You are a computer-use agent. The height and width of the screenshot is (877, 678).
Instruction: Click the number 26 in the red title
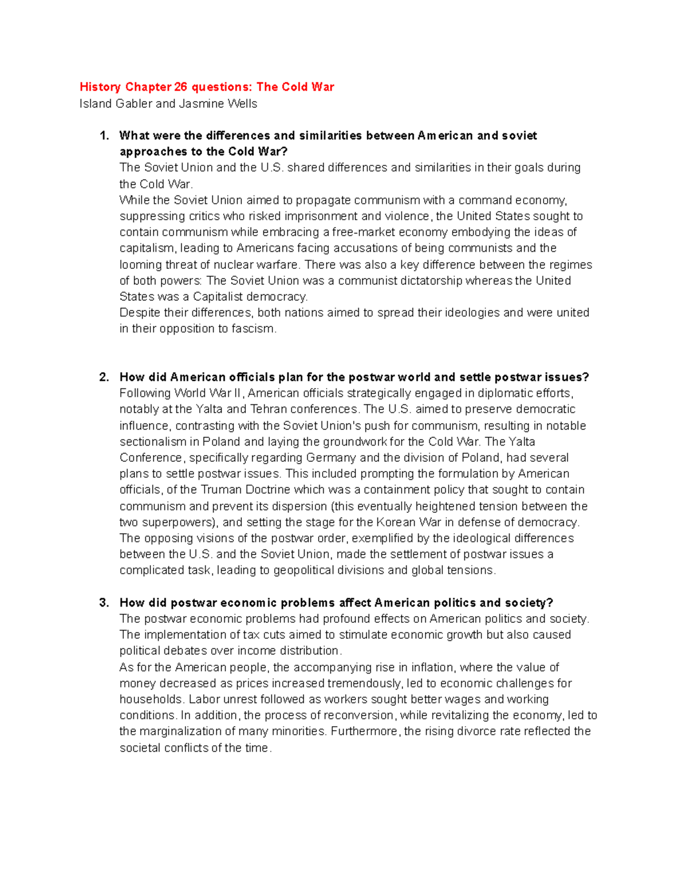(180, 87)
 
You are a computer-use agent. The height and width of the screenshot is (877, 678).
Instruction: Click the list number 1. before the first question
(104, 136)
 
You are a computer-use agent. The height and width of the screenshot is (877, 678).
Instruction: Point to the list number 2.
(104, 377)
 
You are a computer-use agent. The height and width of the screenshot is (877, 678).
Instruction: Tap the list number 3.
(104, 603)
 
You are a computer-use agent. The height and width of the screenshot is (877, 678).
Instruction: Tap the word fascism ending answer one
(254, 329)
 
